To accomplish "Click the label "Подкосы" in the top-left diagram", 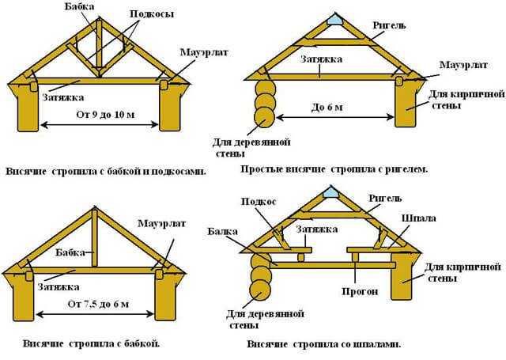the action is click(x=152, y=14).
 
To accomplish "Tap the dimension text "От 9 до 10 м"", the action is click(x=105, y=114).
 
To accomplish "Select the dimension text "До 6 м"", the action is click(x=327, y=107).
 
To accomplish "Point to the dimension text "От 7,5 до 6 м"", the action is click(x=98, y=304).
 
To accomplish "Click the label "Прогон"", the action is click(x=360, y=291).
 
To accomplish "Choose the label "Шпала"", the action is click(x=419, y=218).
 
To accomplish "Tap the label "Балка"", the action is click(x=222, y=232).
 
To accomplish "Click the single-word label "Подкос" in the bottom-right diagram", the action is click(x=259, y=202).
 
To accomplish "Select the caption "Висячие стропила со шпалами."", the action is click(x=324, y=344).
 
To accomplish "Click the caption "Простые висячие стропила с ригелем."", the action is click(x=334, y=169).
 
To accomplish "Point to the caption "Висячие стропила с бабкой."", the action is click(x=92, y=343).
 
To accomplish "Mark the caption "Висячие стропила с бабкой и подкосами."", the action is click(x=106, y=172).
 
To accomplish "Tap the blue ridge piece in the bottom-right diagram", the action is click(x=331, y=192).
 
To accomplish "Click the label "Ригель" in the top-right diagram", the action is click(x=389, y=25).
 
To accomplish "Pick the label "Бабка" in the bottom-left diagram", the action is click(x=70, y=252).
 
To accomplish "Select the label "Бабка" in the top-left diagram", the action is click(x=79, y=6).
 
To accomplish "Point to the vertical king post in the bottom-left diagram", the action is click(x=94, y=238).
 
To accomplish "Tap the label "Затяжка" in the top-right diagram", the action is click(x=322, y=59).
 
